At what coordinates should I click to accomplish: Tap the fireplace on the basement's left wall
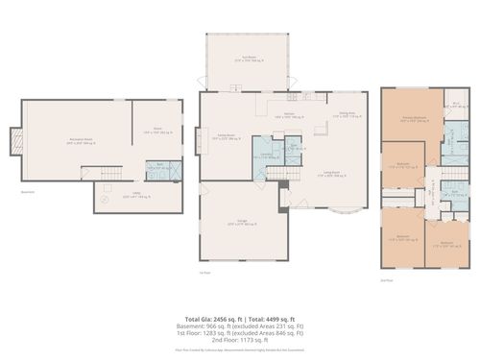(x=13, y=141)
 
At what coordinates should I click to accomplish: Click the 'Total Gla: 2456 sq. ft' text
(x=214, y=317)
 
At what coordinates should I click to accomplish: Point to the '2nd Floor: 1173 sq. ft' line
(x=240, y=341)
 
